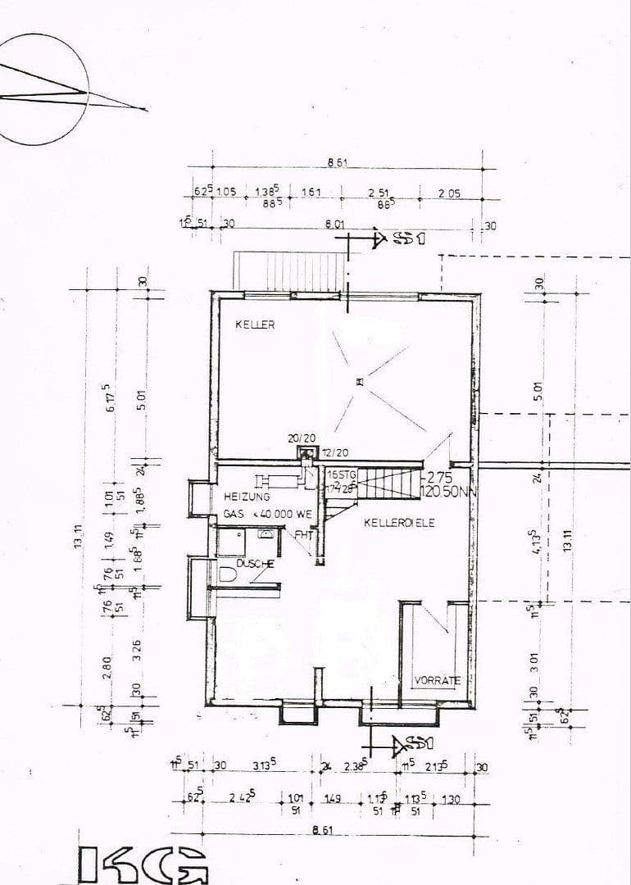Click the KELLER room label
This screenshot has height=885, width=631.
click(x=255, y=325)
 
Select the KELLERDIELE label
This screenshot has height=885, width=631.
click(x=398, y=522)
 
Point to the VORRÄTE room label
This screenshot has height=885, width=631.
click(x=436, y=680)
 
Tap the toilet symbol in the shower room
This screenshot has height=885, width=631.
click(x=228, y=576)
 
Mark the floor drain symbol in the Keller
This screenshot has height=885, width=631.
click(x=359, y=381)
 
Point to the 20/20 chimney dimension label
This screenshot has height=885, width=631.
click(x=297, y=438)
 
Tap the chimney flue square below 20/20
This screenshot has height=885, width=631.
click(x=306, y=452)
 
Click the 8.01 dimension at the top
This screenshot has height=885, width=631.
click(x=334, y=223)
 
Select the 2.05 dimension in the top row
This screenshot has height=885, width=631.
click(x=449, y=193)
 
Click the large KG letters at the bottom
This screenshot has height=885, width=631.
click(x=143, y=865)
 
